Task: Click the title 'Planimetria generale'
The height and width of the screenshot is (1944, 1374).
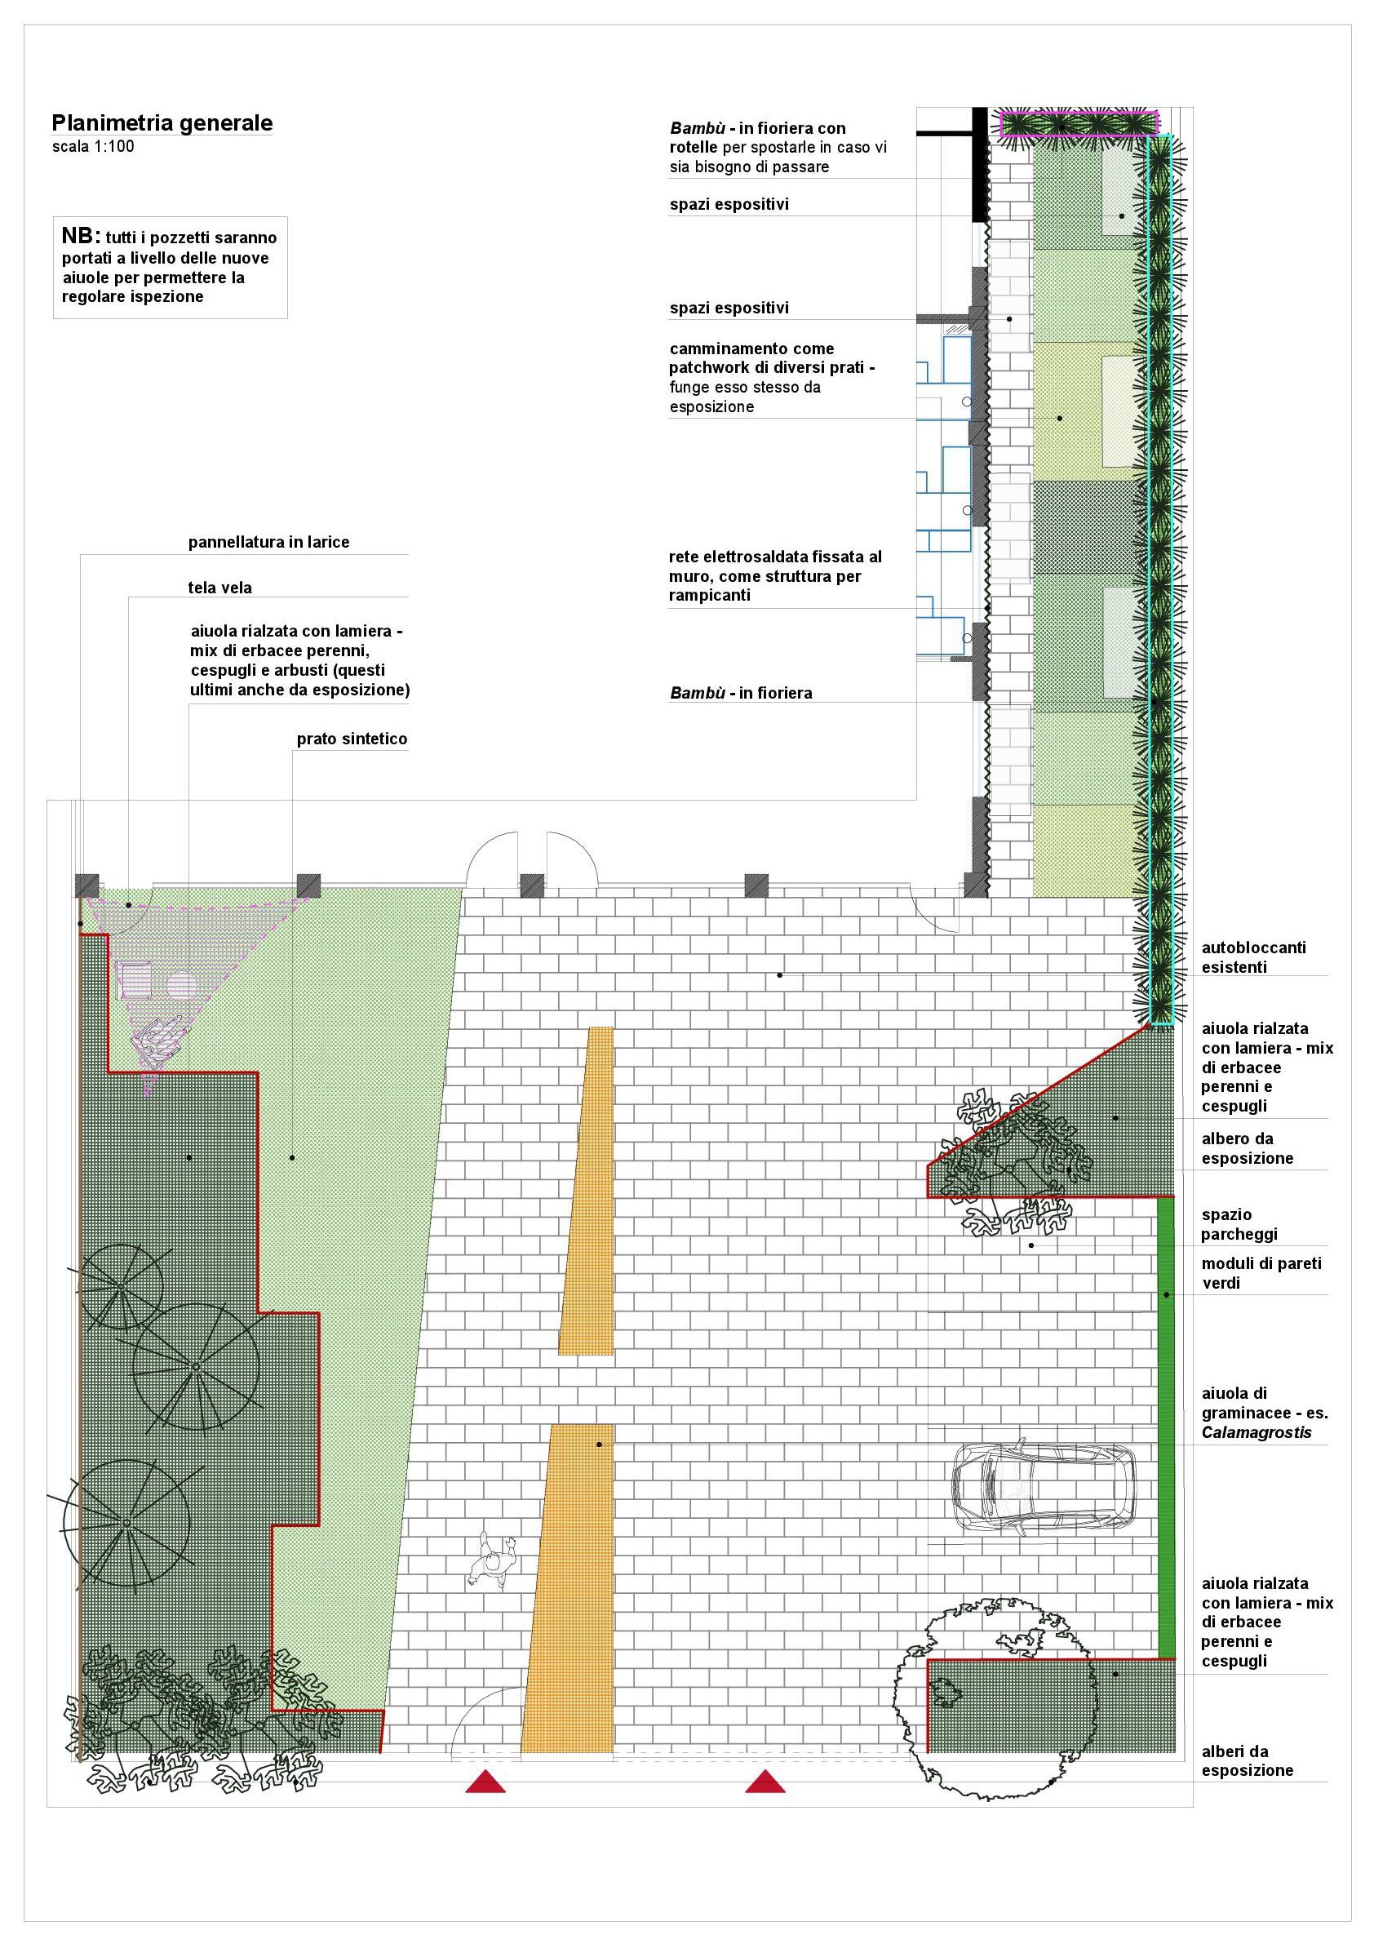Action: [x=162, y=122]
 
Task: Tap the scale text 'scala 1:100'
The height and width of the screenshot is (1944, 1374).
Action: [x=93, y=146]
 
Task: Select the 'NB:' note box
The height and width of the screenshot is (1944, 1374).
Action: [x=171, y=267]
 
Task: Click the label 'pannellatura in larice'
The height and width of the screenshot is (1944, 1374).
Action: [x=268, y=542]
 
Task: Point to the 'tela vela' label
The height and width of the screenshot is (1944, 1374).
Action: [x=220, y=588]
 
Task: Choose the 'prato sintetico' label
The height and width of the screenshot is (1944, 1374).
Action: [x=352, y=739]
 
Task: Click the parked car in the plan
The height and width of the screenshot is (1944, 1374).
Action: [x=1044, y=1488]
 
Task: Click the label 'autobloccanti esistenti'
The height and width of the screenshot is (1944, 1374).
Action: [x=1254, y=956]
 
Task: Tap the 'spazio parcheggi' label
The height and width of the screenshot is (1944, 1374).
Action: [x=1239, y=1224]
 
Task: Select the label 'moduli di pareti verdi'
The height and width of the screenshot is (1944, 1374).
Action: [x=1261, y=1272]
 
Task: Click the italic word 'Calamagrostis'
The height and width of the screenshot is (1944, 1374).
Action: [x=1257, y=1432]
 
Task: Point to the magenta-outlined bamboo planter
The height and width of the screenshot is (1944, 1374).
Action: [x=1079, y=123]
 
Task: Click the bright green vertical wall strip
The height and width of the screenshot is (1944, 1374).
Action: [x=1166, y=1427]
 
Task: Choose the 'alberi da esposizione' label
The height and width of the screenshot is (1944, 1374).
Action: [x=1247, y=1761]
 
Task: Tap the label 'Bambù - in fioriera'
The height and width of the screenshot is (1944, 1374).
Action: [x=741, y=693]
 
